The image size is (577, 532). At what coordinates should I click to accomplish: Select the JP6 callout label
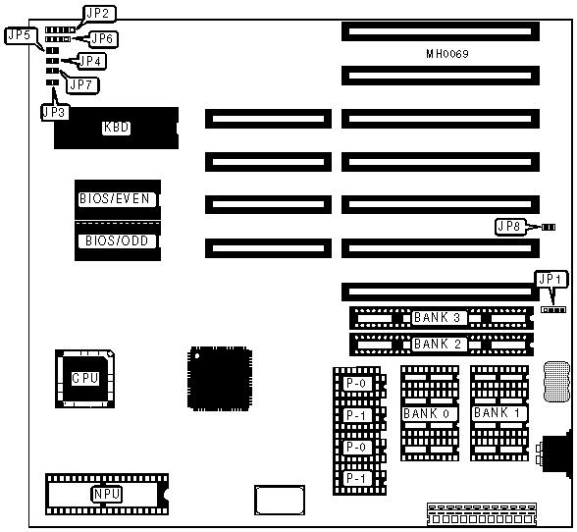click(x=104, y=38)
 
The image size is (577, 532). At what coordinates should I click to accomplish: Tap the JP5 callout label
click(x=20, y=35)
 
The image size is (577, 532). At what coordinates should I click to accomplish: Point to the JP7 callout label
click(x=82, y=85)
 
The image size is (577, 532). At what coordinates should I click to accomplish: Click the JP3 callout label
click(x=55, y=112)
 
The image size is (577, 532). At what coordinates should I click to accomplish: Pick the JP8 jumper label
click(x=509, y=227)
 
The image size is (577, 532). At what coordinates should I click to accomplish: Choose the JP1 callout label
click(x=551, y=280)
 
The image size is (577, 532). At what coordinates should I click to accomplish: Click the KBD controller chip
click(x=116, y=129)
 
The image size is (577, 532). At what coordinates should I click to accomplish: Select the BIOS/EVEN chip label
click(x=115, y=199)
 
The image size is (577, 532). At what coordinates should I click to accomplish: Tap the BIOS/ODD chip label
click(x=117, y=240)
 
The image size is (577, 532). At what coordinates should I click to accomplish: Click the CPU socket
click(x=85, y=379)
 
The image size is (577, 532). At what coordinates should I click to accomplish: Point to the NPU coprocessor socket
click(x=107, y=494)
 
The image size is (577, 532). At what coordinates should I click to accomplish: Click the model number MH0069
click(x=447, y=54)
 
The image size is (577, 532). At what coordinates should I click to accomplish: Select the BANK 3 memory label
click(x=438, y=317)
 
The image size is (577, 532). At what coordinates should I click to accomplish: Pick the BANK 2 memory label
click(x=438, y=345)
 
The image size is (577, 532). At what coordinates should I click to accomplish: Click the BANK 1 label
click(x=498, y=413)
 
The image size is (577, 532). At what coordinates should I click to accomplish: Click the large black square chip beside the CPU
click(x=220, y=378)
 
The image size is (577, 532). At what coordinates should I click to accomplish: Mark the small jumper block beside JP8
click(x=549, y=228)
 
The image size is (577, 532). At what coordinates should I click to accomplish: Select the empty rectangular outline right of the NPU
click(x=280, y=500)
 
